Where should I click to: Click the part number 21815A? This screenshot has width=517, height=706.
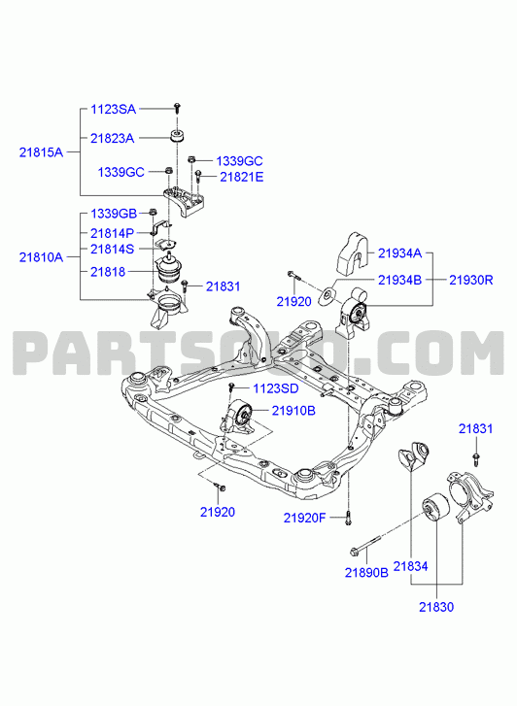41,152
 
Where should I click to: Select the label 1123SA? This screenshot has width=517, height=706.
113,109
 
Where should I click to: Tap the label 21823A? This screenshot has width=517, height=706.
112,138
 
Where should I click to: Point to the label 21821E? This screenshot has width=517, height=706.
242,177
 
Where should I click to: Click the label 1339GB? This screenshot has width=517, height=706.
114,214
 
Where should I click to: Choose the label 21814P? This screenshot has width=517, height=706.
112,233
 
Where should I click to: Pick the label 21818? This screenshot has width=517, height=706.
108,272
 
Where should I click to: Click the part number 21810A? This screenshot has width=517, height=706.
41,257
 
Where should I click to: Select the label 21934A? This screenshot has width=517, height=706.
399,253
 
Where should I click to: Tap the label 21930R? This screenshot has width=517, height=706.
471,280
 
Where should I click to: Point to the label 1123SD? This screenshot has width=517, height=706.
275,388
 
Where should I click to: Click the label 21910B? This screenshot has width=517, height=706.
293,411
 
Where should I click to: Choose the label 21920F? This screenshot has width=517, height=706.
304,518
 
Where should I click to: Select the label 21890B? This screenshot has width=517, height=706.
366,572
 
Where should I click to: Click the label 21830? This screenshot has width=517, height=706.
436,607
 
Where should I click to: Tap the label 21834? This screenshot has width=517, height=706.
411,566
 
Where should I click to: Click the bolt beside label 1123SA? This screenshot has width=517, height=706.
178,108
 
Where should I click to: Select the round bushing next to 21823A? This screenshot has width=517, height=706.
178,136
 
